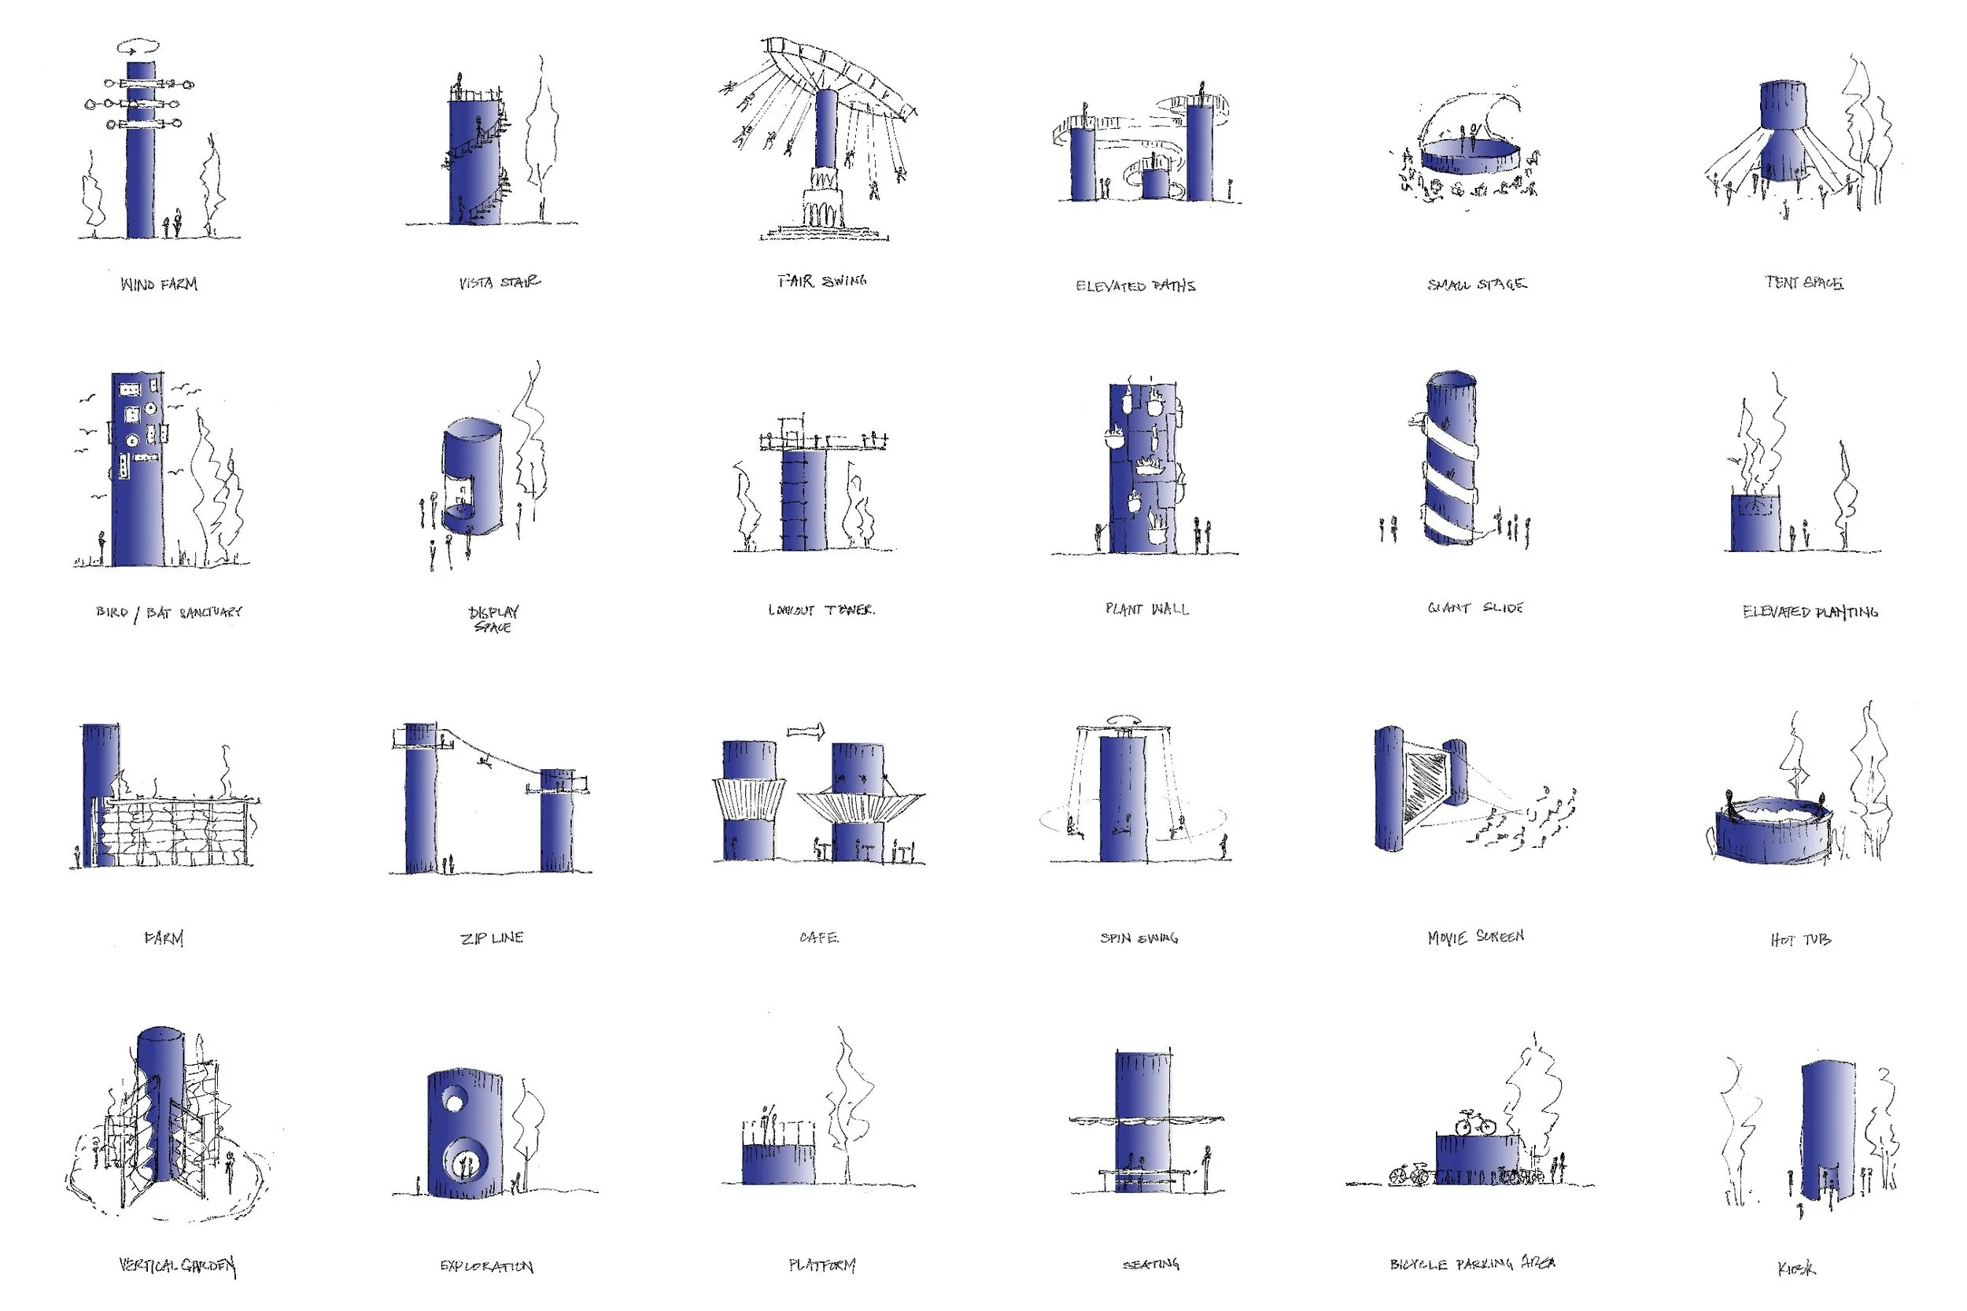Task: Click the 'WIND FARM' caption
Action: [159, 284]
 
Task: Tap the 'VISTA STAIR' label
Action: [500, 282]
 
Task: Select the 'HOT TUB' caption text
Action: [1799, 940]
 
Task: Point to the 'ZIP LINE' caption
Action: [492, 938]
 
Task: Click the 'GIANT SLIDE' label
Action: [1475, 608]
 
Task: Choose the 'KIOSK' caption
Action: [1796, 1269]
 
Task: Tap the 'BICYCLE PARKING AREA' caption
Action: [1472, 1263]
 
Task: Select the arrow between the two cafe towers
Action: [806, 731]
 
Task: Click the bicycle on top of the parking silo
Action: [1475, 1122]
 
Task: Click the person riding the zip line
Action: [483, 760]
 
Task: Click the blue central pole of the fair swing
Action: [826, 130]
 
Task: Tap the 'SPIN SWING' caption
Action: [1139, 938]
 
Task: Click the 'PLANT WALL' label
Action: [1146, 609]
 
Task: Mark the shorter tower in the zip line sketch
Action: [557, 823]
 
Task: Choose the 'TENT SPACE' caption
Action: [1804, 282]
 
